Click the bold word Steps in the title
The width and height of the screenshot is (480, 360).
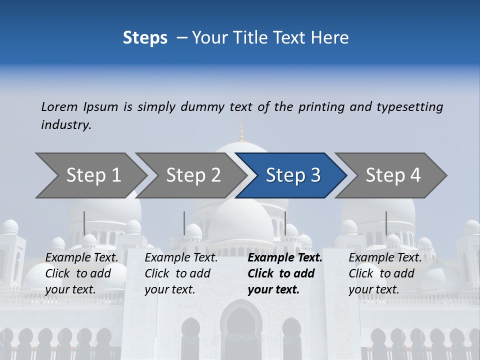pyautogui.click(x=145, y=38)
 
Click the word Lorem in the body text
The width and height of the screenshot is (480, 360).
pyautogui.click(x=59, y=106)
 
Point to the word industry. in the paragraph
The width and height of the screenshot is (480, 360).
pyautogui.click(x=66, y=125)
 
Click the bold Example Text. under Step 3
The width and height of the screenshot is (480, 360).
pyautogui.click(x=285, y=258)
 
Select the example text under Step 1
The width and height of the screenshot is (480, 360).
pyautogui.click(x=81, y=273)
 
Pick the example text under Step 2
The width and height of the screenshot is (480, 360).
pyautogui.click(x=181, y=273)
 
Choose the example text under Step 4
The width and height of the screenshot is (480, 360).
pyautogui.click(x=385, y=273)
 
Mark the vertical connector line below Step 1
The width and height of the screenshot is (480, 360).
pyautogui.click(x=84, y=223)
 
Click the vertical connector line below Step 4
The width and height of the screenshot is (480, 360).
pyautogui.click(x=386, y=223)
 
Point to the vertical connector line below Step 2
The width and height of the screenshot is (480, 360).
pyautogui.click(x=184, y=223)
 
